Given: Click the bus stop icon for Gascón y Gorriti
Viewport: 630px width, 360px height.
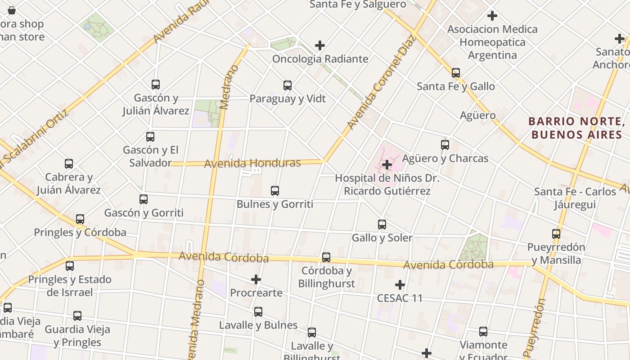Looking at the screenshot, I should pyautogui.click(x=144, y=199).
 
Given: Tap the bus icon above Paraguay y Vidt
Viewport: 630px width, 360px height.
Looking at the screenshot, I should pyautogui.click(x=288, y=85).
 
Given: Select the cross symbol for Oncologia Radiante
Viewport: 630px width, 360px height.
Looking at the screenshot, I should pyautogui.click(x=320, y=45).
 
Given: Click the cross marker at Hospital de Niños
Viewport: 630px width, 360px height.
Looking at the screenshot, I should pyautogui.click(x=387, y=165).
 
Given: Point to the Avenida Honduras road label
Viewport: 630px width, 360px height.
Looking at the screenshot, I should pyautogui.click(x=252, y=163).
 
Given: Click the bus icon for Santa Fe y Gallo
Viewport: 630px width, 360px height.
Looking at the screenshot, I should pyautogui.click(x=456, y=72).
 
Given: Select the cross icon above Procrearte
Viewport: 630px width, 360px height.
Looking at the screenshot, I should pyautogui.click(x=256, y=279).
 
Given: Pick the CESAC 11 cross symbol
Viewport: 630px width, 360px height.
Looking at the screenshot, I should pyautogui.click(x=400, y=285).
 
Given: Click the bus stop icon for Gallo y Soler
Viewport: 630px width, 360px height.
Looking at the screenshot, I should pyautogui.click(x=382, y=224).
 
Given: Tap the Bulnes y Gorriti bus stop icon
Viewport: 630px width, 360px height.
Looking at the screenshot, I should pyautogui.click(x=275, y=191).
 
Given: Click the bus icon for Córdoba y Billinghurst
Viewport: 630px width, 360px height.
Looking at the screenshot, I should pyautogui.click(x=326, y=257).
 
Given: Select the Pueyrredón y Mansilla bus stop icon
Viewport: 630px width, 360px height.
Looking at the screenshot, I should pyautogui.click(x=556, y=234).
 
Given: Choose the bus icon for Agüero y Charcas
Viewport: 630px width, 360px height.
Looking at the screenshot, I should pyautogui.click(x=445, y=145).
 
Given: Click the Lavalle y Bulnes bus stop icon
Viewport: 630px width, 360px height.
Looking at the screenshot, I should pyautogui.click(x=258, y=311).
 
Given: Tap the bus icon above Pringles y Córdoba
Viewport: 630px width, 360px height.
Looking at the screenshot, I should pyautogui.click(x=80, y=219).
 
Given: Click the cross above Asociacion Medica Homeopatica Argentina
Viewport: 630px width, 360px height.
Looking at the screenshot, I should pyautogui.click(x=492, y=16).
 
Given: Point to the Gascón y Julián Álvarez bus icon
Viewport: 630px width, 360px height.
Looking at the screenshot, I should pyautogui.click(x=156, y=84).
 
